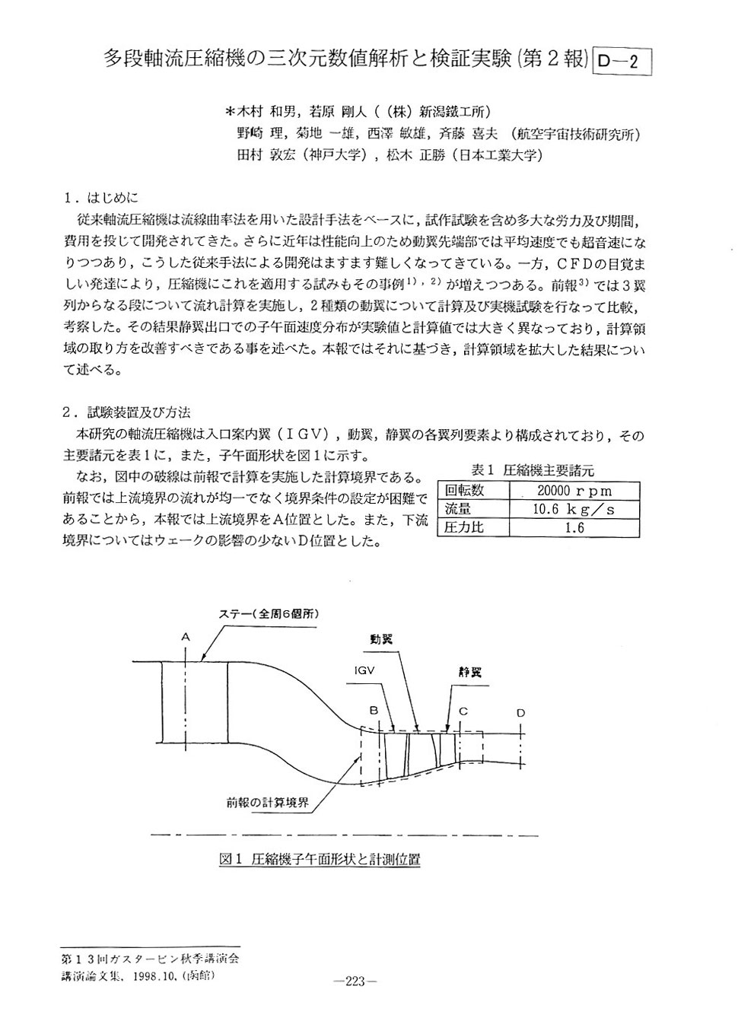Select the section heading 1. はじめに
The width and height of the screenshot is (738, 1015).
(x=101, y=199)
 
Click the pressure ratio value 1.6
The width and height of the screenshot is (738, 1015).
(x=574, y=527)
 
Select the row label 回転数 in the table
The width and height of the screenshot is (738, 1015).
(x=465, y=491)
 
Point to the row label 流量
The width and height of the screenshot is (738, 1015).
(x=458, y=509)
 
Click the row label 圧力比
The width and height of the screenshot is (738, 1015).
(x=464, y=527)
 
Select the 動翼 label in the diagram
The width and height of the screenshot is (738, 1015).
(x=381, y=639)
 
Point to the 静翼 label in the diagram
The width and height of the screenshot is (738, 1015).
(x=469, y=672)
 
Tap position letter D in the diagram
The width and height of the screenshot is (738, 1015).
(x=520, y=712)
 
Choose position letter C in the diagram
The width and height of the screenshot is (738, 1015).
(x=462, y=711)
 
